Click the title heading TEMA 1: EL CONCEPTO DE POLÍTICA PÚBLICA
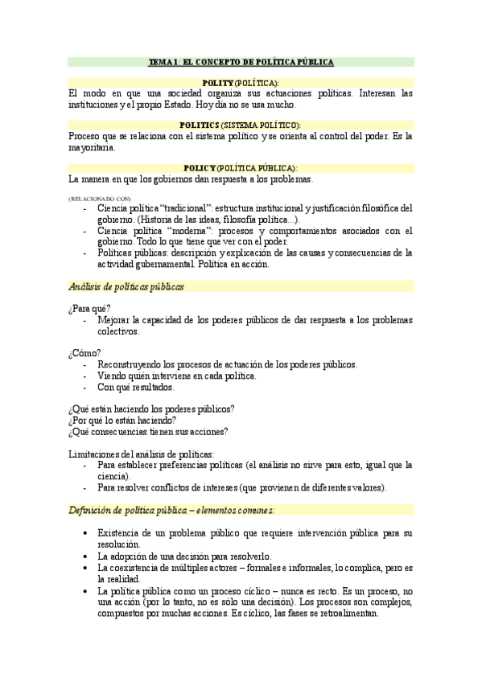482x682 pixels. [241, 62]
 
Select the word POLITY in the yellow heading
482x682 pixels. [218, 83]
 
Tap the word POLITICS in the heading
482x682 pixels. [200, 125]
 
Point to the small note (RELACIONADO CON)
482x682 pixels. [100, 197]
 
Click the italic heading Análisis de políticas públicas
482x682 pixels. [127, 286]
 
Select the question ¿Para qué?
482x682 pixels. [90, 308]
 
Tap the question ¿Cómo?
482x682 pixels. [85, 353]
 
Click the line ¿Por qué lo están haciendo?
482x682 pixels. [123, 420]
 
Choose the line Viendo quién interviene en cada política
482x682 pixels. [177, 376]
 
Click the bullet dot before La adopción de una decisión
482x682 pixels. [86, 556]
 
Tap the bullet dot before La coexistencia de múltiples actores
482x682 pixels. [86, 567]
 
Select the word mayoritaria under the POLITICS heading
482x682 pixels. [93, 147]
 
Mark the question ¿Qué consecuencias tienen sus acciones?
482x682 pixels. [148, 431]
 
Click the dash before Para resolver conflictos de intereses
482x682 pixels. [85, 487]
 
